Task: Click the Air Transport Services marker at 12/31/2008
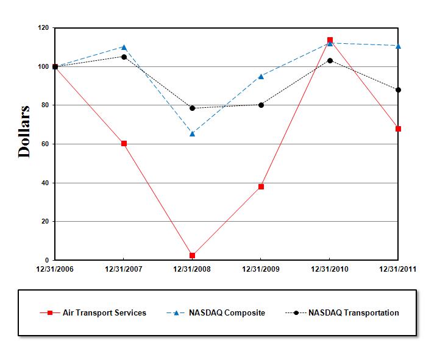[x=193, y=255]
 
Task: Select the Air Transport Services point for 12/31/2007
[x=124, y=143]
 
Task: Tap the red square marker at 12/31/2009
[x=261, y=186]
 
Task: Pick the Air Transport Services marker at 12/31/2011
[x=398, y=129]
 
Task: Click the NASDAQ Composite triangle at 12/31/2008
[x=193, y=133]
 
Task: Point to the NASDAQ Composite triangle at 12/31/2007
[x=124, y=47]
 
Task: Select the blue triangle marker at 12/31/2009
[x=261, y=76]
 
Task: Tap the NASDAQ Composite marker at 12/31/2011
[x=398, y=46]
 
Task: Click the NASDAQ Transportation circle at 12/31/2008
[x=193, y=108]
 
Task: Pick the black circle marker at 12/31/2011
[x=398, y=90]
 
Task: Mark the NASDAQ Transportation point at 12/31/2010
[x=330, y=60]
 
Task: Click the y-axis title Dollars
[x=24, y=132]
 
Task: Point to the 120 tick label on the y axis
[x=43, y=28]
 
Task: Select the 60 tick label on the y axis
[x=44, y=144]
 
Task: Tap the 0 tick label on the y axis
[x=47, y=261]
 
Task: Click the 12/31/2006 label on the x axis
[x=55, y=269]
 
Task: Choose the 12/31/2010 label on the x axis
[x=330, y=269]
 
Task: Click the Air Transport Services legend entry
[x=104, y=312]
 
